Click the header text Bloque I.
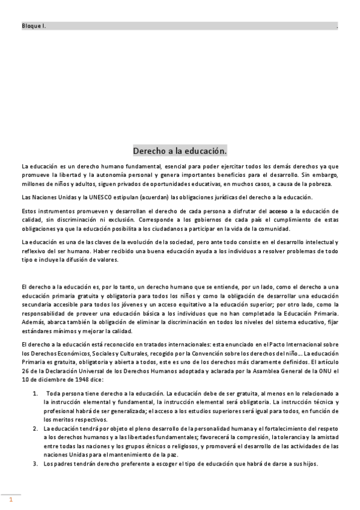click(x=34, y=26)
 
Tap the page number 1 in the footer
click(x=10, y=499)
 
